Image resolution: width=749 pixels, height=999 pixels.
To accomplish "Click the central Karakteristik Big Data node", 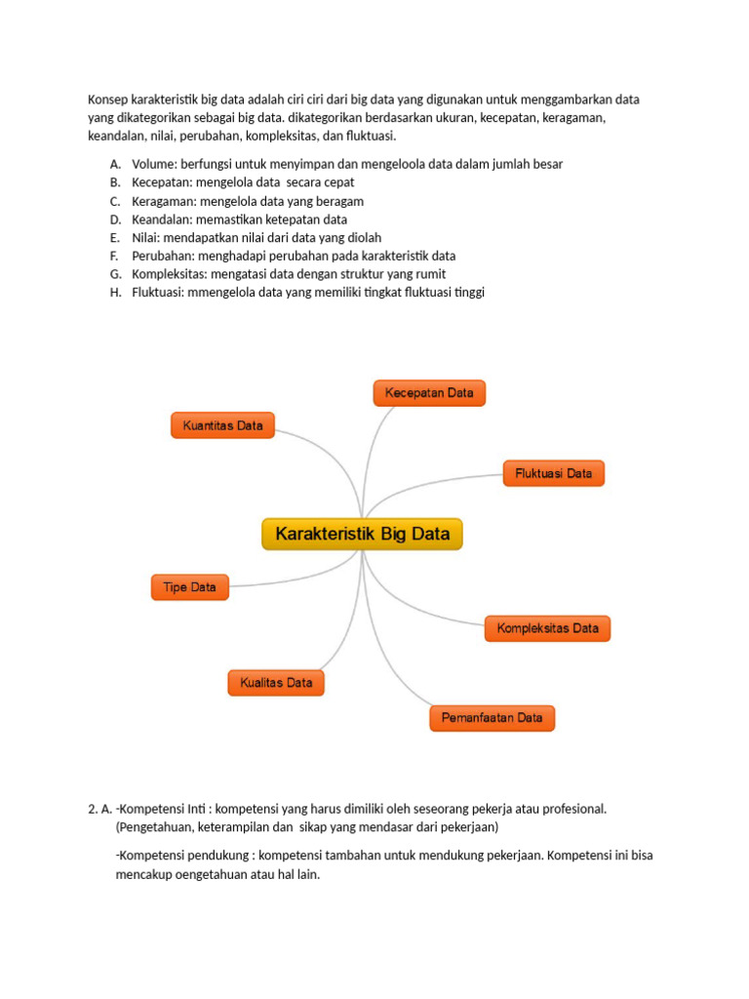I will click(x=362, y=535).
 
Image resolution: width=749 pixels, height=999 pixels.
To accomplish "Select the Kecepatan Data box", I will click(x=429, y=393).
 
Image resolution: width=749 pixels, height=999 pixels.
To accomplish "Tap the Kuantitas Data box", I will click(x=223, y=425).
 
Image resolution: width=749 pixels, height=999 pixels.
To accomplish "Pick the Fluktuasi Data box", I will click(x=553, y=474).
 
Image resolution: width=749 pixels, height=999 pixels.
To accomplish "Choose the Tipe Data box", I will click(x=189, y=587).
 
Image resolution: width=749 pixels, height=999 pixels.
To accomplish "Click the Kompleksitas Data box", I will click(x=547, y=628).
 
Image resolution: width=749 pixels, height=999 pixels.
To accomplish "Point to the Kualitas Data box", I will click(x=276, y=683).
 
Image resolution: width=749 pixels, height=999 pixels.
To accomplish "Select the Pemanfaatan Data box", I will click(x=492, y=718).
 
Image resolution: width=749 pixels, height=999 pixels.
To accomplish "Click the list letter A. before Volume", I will click(x=115, y=164).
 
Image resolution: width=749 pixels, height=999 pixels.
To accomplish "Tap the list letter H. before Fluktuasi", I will click(x=115, y=292).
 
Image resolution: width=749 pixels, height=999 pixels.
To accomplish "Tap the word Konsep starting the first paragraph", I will click(x=108, y=100).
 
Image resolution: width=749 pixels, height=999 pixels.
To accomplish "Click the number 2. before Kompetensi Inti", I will click(x=92, y=809).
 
